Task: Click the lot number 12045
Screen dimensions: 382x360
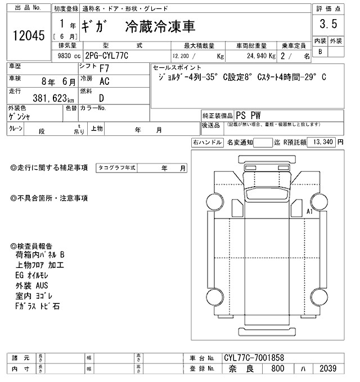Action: [28, 36]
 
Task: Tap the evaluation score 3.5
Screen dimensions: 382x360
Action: [328, 24]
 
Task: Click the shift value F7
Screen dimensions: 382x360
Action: [104, 68]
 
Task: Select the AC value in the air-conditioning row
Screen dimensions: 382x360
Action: [104, 80]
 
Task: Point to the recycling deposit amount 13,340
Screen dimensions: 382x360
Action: [323, 142]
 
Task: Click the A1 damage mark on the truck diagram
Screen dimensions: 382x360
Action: [310, 211]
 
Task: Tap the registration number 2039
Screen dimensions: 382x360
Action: [327, 369]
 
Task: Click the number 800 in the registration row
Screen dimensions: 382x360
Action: [277, 369]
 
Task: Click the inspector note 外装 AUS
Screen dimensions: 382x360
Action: [32, 286]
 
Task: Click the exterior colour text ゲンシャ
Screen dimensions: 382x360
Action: [19, 116]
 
